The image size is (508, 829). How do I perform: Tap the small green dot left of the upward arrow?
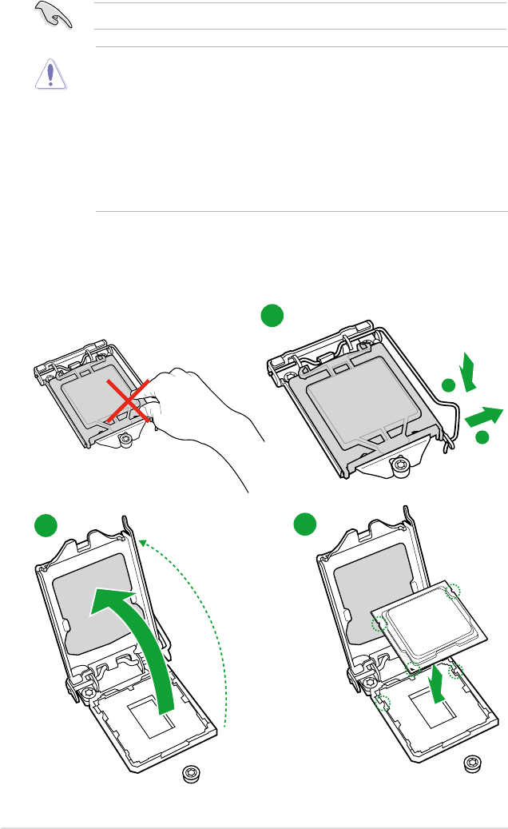click(448, 386)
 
